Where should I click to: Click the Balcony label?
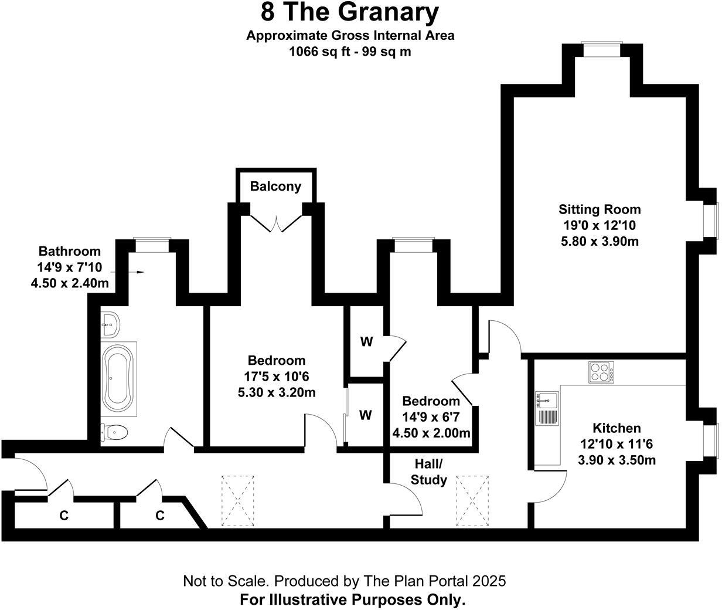[275, 187]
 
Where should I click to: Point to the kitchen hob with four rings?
[601, 372]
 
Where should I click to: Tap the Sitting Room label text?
[599, 209]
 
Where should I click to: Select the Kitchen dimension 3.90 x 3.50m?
[617, 460]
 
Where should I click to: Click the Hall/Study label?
[428, 472]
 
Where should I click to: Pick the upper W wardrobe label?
[367, 342]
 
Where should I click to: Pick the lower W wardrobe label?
[365, 415]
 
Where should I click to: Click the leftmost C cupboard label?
[64, 516]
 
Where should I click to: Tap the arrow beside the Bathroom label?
[136, 272]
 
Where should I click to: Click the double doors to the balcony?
[275, 223]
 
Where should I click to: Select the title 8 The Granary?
[350, 12]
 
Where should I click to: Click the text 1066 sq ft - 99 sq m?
[350, 52]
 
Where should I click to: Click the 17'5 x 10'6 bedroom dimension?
[277, 376]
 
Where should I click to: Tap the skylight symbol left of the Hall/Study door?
[238, 500]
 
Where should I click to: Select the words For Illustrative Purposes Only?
[353, 600]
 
